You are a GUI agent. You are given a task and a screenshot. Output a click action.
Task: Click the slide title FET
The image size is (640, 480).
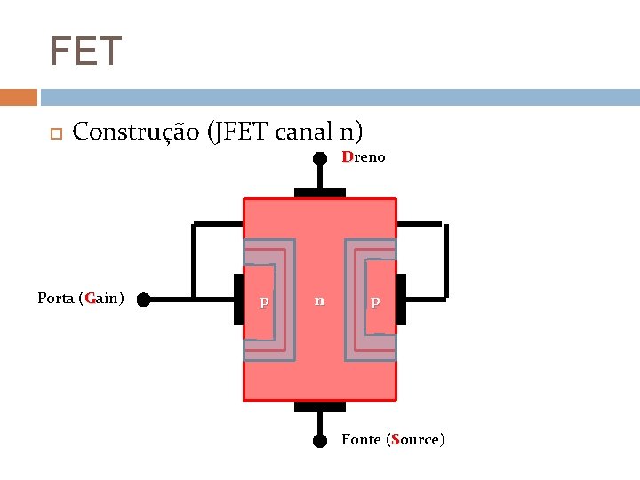pos(85,52)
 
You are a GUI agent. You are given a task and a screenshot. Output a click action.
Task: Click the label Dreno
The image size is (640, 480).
pos(363,157)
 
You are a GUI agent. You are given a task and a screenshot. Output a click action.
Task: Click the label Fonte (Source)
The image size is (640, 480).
pos(393,439)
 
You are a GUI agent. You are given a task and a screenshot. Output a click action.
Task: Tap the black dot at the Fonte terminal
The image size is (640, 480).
pos(319,440)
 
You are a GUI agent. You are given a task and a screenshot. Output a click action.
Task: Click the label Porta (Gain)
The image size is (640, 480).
pos(80,298)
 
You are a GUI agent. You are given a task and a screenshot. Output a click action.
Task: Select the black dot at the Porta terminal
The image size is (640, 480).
pos(143,300)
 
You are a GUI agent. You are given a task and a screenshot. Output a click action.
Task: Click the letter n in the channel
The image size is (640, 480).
pos(319,300)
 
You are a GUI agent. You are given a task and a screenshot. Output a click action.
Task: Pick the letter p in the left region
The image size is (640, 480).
pos(263,302)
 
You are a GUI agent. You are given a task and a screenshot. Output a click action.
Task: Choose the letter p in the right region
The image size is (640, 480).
pos(375,302)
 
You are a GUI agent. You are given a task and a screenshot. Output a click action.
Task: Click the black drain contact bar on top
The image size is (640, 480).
pos(319,192)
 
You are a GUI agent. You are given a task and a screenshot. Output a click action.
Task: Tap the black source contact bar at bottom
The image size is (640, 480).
pos(319,407)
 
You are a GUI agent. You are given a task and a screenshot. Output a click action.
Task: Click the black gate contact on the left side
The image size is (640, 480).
pos(238,300)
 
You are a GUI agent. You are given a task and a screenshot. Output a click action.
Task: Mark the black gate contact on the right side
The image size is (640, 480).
pos(401,300)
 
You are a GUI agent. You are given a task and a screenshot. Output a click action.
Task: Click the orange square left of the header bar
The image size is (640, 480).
pos(18,97)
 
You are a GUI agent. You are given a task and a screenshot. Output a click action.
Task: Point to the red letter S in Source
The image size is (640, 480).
pos(393,439)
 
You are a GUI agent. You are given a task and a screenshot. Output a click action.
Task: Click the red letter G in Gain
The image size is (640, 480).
pos(90,298)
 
